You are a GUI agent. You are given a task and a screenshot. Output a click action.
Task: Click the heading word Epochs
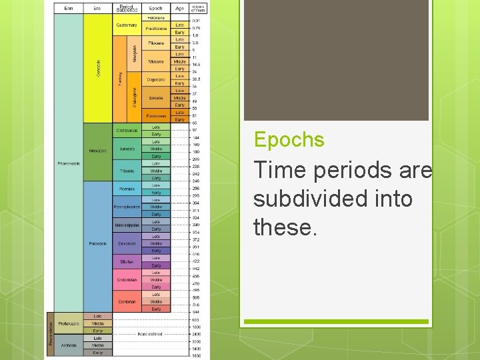click(289, 140)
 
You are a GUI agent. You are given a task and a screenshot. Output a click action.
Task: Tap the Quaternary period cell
click(127, 25)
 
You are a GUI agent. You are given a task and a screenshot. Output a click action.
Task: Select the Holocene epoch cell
click(156, 18)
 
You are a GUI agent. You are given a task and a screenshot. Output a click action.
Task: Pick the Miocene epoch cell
click(156, 61)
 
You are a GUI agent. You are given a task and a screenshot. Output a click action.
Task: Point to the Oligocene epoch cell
click(156, 79)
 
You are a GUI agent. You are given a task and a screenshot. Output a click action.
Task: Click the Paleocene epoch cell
click(156, 115)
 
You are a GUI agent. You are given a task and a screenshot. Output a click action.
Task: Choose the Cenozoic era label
click(99, 67)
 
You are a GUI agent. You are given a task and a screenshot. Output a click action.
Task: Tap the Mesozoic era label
click(98, 150)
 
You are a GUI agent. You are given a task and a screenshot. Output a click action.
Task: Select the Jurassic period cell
click(127, 149)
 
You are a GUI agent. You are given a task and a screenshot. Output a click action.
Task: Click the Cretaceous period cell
click(127, 130)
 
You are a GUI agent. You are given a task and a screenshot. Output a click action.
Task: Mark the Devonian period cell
click(127, 243)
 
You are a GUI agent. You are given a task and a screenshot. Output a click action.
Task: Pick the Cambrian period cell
click(127, 301)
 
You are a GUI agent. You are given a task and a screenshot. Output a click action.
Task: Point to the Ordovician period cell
click(127, 280)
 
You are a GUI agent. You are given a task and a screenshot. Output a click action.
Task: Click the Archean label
click(67, 345)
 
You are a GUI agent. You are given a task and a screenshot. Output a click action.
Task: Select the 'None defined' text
click(150, 334)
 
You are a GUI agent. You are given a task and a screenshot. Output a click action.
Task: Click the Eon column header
click(69, 9)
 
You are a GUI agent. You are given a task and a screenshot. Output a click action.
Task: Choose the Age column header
click(179, 9)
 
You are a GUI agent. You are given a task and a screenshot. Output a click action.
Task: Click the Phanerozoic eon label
click(69, 163)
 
